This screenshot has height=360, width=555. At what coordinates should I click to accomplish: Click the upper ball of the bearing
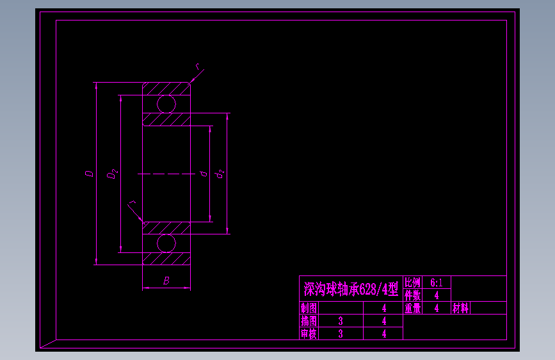166,104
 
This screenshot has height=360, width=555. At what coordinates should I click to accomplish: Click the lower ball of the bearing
166,243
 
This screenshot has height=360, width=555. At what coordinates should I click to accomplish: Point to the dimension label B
166,281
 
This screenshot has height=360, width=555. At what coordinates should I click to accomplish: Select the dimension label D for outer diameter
89,173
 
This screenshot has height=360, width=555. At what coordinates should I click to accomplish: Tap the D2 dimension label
112,173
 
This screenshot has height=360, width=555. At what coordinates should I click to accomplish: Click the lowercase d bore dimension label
202,174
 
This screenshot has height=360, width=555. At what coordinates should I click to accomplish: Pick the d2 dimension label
219,174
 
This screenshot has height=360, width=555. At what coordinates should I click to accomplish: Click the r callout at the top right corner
198,66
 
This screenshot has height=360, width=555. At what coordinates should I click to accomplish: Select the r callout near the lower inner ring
132,204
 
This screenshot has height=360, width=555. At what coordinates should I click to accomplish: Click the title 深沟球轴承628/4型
351,290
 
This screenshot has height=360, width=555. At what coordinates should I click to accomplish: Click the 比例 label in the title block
412,282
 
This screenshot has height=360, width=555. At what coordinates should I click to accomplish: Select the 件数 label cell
412,295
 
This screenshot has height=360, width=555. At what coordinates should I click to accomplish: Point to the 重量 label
412,308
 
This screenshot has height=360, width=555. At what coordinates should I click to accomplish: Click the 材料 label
461,308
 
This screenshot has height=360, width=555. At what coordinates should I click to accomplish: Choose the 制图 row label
309,308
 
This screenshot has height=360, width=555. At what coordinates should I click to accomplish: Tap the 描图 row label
309,321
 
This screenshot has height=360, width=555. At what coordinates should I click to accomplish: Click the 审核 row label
309,334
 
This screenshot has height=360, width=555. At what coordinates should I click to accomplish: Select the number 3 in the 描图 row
341,321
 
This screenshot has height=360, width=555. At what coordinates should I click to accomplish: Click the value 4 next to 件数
437,295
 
